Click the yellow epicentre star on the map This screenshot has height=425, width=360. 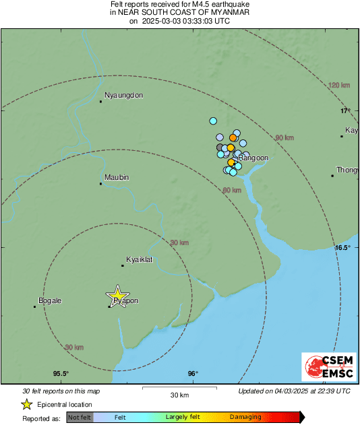pos(118,295)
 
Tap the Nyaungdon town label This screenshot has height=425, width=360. pos(124,96)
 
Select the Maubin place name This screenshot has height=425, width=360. pos(116,177)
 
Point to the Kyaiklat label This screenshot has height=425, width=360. pos(142,259)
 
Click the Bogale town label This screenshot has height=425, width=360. pos(51,300)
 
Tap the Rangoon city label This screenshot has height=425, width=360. pos(254,158)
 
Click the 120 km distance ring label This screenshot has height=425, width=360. pos(339,86)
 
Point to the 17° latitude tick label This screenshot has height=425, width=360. pos(345,110)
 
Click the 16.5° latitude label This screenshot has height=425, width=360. pos(342,248)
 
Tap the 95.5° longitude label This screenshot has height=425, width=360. pos(61,374)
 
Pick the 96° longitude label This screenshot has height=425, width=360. pos(193,374)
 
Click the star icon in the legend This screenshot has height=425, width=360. pos(26,404)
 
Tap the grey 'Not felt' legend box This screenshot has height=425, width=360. pos(80,418)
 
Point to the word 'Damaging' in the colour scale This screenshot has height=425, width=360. pos(245,418)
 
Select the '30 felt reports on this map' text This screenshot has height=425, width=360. pos(61,391)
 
